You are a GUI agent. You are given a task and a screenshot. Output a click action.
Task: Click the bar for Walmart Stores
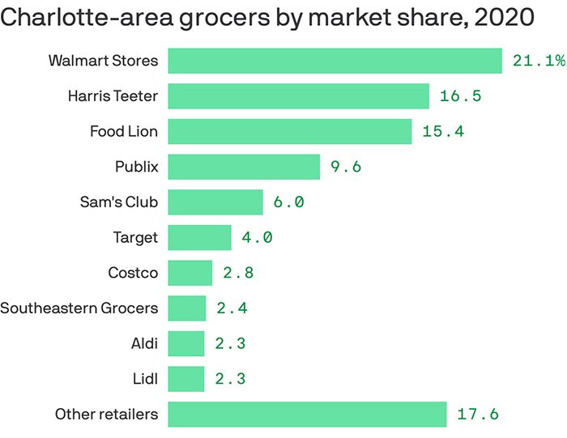(x=335, y=61)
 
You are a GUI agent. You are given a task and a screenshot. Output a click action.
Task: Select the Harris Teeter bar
(x=298, y=96)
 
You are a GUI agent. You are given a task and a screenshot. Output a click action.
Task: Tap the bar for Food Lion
(x=289, y=131)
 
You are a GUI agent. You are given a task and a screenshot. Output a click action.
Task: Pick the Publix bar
(x=244, y=167)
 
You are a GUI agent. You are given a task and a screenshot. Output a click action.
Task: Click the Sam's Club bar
(x=215, y=202)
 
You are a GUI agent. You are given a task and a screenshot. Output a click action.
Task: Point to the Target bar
(x=199, y=237)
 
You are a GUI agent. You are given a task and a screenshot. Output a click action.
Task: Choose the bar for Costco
(x=190, y=273)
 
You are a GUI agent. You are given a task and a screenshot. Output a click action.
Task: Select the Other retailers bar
(x=307, y=415)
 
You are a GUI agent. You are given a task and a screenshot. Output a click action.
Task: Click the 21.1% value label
(x=538, y=61)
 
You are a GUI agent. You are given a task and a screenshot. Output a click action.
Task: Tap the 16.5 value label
(x=461, y=96)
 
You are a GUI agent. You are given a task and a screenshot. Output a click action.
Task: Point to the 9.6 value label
(x=346, y=167)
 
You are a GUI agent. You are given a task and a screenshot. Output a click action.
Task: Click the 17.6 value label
(x=478, y=415)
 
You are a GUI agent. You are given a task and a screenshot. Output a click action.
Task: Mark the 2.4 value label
(x=231, y=308)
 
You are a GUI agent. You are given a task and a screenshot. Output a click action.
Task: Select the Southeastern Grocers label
(x=79, y=308)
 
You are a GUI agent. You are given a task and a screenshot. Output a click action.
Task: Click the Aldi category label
(x=143, y=343)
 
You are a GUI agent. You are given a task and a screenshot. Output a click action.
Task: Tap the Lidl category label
(x=144, y=379)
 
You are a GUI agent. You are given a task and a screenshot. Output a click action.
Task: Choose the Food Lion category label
(x=124, y=131)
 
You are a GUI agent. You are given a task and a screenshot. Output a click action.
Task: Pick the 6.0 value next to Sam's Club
(x=288, y=202)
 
